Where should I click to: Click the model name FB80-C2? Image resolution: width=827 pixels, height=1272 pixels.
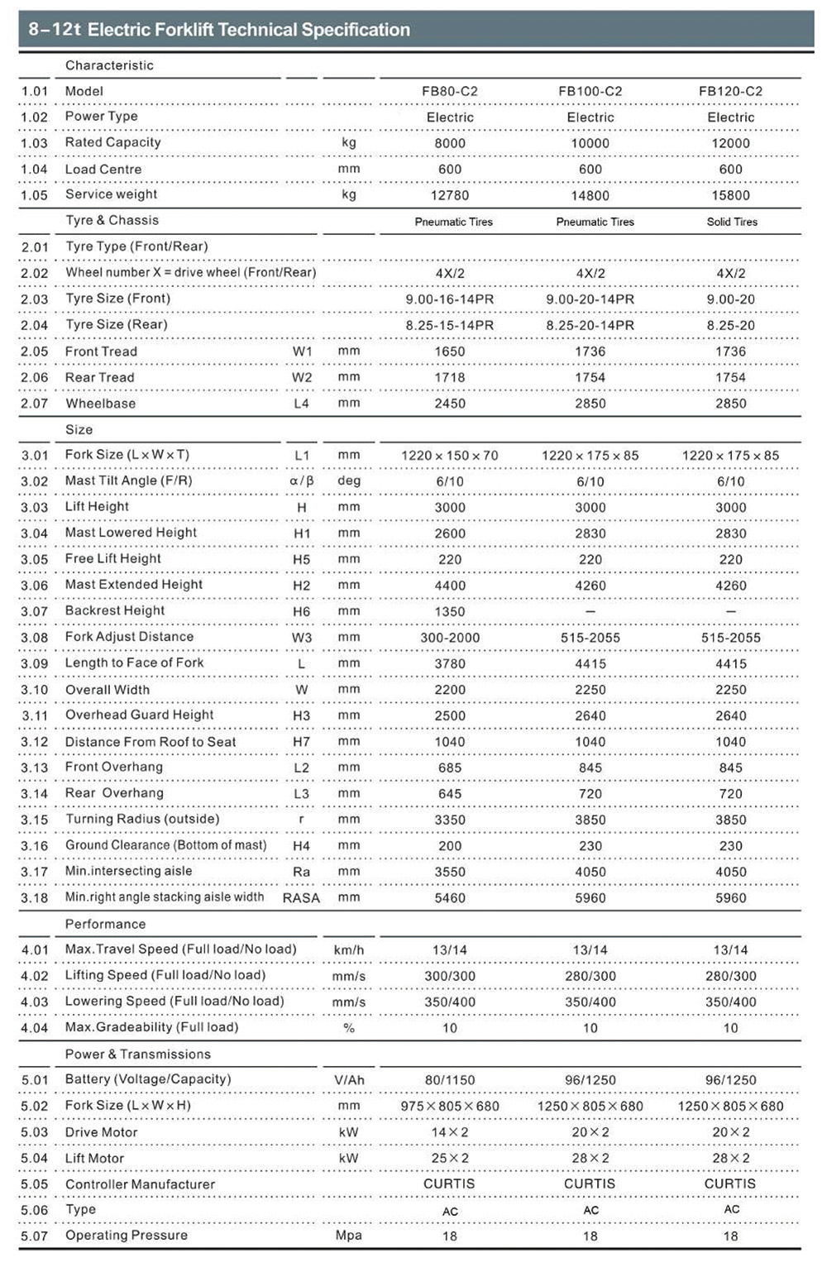[x=449, y=91]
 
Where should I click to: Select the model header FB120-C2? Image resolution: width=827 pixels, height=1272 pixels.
[x=730, y=91]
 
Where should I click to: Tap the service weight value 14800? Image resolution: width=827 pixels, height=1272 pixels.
[x=590, y=195]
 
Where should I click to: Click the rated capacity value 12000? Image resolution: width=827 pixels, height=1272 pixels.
[x=730, y=143]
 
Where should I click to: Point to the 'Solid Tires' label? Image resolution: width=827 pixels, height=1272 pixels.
[x=732, y=222]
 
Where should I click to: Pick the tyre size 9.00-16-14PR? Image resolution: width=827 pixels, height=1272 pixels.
[x=449, y=299]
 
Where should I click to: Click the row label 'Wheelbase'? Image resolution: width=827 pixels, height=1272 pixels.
[x=100, y=404]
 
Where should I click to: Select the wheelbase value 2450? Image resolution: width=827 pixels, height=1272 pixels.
[x=449, y=404]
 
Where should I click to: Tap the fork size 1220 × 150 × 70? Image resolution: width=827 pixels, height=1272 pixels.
[x=449, y=456]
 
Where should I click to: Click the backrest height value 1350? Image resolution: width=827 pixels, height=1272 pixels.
[x=449, y=612]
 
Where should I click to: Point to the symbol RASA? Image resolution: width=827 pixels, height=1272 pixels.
[x=301, y=898]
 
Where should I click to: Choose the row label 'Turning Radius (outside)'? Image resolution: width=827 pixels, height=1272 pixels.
[x=142, y=819]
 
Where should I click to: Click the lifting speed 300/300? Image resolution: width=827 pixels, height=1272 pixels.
[x=449, y=976]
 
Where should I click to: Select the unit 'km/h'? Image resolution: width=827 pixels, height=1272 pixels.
[x=349, y=950]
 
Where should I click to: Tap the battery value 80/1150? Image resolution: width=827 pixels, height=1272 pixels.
[x=449, y=1080]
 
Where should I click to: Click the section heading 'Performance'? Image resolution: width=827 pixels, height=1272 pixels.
[x=105, y=924]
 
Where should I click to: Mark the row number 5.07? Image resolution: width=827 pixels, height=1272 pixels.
[x=35, y=1236]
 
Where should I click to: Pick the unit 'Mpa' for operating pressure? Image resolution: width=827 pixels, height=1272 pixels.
[x=349, y=1236]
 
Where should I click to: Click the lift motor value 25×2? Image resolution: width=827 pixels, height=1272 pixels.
[x=449, y=1158]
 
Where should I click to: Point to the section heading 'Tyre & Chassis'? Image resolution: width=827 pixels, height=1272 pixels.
[x=112, y=220]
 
